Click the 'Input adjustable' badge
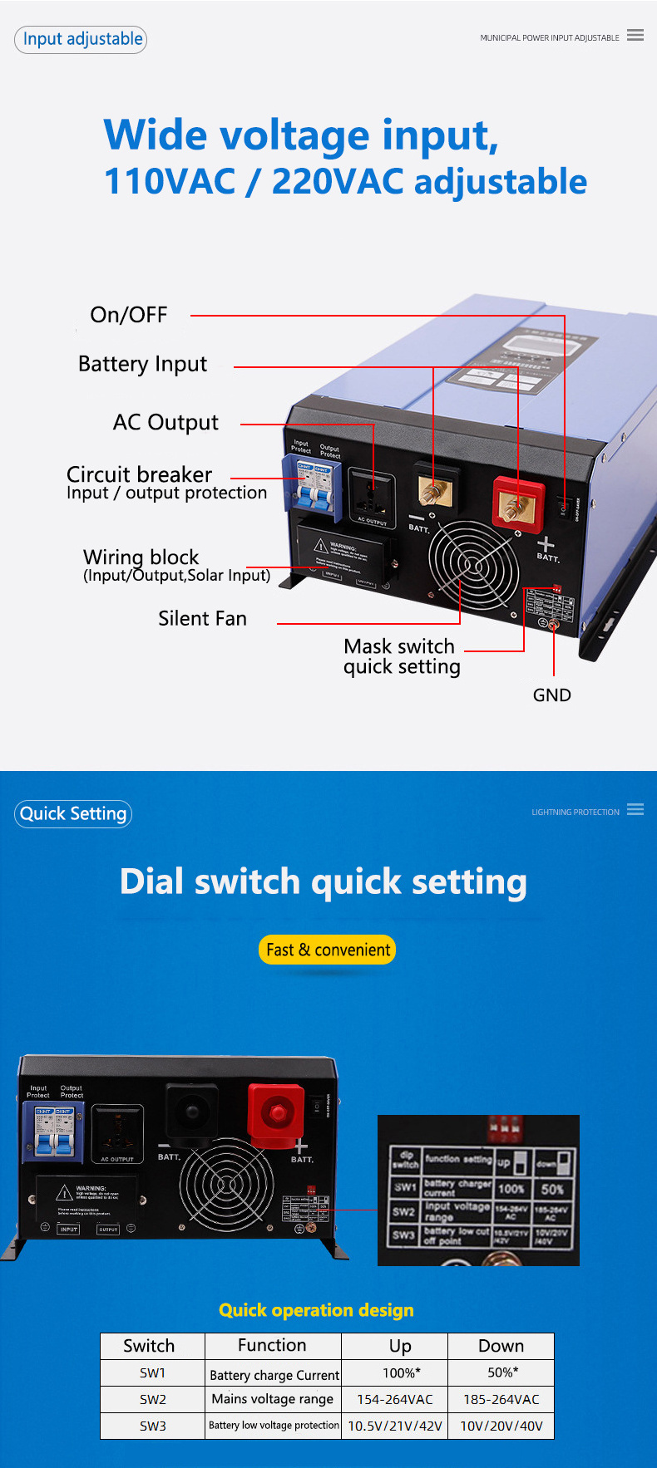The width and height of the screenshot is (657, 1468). click(x=81, y=39)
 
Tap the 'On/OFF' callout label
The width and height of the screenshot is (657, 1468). click(x=129, y=315)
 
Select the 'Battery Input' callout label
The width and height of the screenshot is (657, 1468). click(x=142, y=364)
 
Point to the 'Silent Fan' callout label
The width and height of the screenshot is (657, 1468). click(x=202, y=619)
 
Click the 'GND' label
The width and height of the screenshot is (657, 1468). click(x=551, y=695)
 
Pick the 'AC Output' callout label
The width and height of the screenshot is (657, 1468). click(x=165, y=423)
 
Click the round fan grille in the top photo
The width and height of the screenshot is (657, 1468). click(x=473, y=566)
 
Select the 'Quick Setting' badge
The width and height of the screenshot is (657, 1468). click(x=73, y=814)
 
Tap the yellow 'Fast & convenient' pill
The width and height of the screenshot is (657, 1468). click(x=328, y=950)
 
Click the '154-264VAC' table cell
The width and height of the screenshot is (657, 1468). click(x=395, y=1399)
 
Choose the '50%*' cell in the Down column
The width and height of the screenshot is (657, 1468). click(x=502, y=1372)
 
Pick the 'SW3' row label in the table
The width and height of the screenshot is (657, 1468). click(x=153, y=1426)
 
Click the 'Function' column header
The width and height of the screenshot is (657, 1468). click(x=272, y=1345)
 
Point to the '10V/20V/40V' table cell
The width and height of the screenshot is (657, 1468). click(x=501, y=1426)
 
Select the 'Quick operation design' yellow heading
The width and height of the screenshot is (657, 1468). click(x=316, y=1310)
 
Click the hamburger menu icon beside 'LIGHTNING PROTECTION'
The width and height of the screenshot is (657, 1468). click(x=635, y=809)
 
